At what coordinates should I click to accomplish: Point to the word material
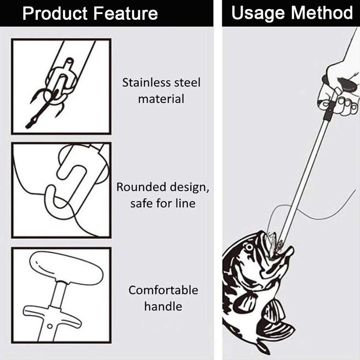coord(161,99)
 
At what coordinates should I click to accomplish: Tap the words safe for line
coord(163,203)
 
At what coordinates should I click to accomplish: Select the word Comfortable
coord(163,290)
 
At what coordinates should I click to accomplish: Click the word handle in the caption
coord(163,306)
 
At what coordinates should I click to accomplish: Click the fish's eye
coord(248,247)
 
